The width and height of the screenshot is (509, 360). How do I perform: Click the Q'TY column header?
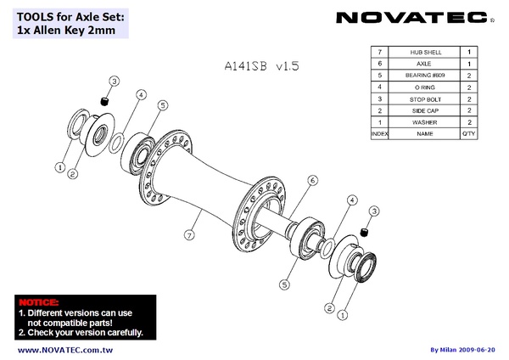[x=469, y=134]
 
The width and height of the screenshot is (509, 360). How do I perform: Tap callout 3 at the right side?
[x=373, y=210]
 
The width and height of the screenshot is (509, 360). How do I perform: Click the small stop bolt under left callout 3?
[x=105, y=102]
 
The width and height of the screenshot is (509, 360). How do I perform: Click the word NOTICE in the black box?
[x=38, y=302]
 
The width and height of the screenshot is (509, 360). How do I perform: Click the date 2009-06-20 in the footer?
[x=484, y=350]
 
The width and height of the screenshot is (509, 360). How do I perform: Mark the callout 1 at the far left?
[x=59, y=166]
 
